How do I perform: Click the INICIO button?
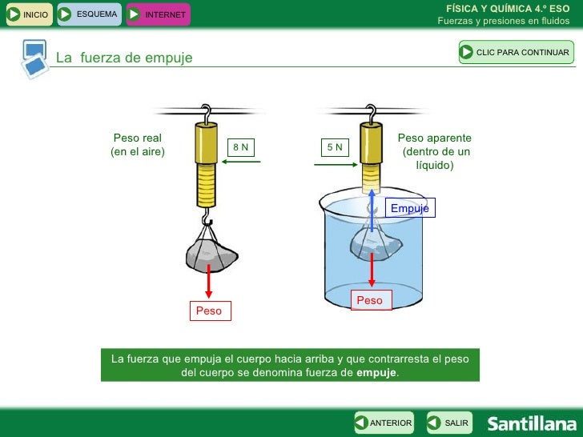pyautogui.click(x=30, y=14)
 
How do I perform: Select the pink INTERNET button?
pyautogui.click(x=159, y=14)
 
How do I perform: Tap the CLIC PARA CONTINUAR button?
pyautogui.click(x=517, y=52)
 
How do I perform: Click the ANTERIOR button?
pyautogui.click(x=384, y=423)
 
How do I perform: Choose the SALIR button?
pyautogui.click(x=449, y=423)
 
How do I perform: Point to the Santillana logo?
pyautogui.click(x=532, y=423)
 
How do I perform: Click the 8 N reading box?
pyautogui.click(x=241, y=147)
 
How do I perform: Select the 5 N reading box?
pyautogui.click(x=335, y=147)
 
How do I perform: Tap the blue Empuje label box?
pyautogui.click(x=410, y=208)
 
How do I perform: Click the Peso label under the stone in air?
pyautogui.click(x=210, y=311)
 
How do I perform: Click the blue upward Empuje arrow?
pyautogui.click(x=372, y=210)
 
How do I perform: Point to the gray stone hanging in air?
pyautogui.click(x=211, y=255)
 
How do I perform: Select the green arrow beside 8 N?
pyautogui.click(x=241, y=162)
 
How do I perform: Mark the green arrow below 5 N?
pyautogui.click(x=336, y=165)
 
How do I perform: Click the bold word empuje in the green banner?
pyautogui.click(x=376, y=372)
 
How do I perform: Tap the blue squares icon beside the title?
pyautogui.click(x=34, y=58)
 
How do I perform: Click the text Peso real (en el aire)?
pyautogui.click(x=138, y=145)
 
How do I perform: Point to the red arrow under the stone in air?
pyautogui.click(x=208, y=281)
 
